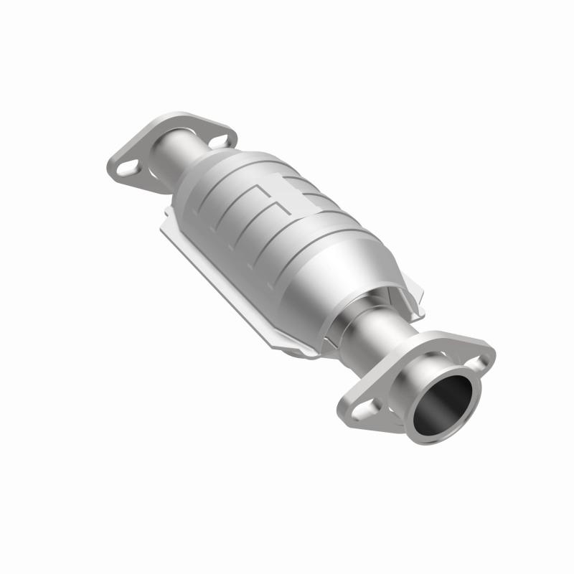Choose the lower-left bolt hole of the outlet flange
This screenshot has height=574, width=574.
click(366, 408)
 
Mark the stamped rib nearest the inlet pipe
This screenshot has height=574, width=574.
click(215, 194)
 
